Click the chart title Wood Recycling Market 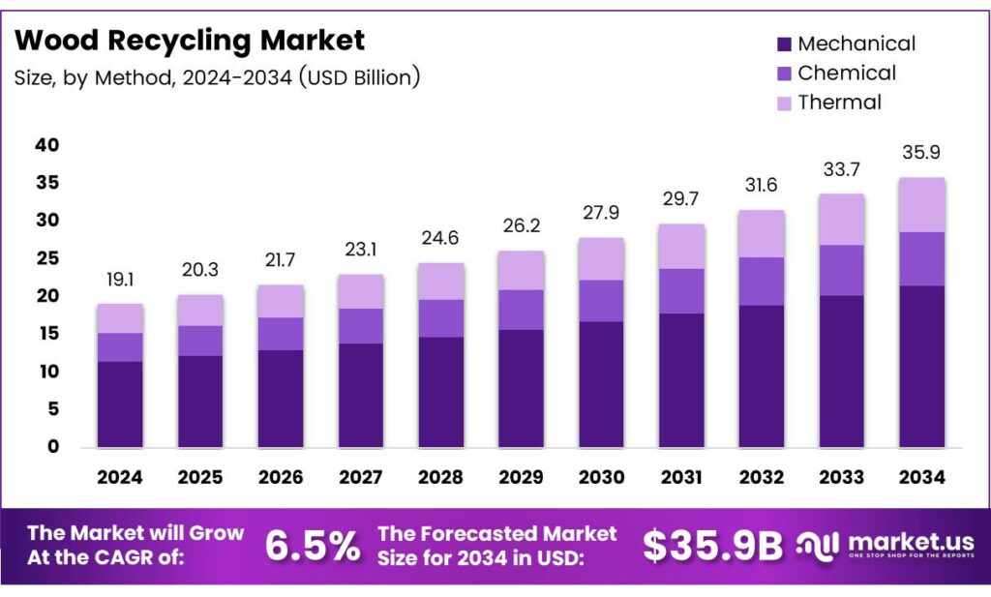tap(191, 41)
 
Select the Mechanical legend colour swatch tap(784, 44)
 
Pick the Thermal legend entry tap(839, 102)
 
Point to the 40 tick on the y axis tap(47, 145)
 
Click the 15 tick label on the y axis tap(47, 334)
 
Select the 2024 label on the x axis tap(120, 477)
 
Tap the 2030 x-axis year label tap(601, 477)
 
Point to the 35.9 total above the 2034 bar tap(921, 153)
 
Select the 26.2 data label tap(521, 226)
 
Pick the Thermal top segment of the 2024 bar tap(120, 318)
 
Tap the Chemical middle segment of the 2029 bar tap(521, 310)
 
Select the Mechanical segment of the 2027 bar tap(360, 395)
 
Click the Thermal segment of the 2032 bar tap(761, 233)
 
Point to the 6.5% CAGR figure tap(313, 547)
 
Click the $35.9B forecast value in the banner tap(712, 547)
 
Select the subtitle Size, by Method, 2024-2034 tap(217, 77)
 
